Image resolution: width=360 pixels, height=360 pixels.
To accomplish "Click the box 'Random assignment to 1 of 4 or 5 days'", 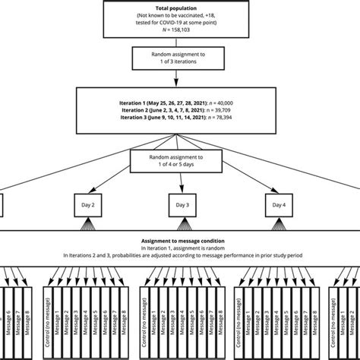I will pyautogui.click(x=180, y=159).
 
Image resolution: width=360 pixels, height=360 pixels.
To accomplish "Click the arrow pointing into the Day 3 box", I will pyautogui.click(x=180, y=190).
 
